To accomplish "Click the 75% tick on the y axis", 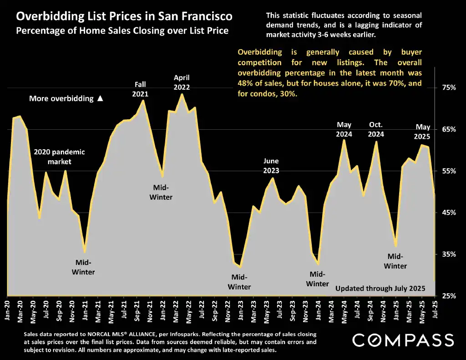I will click(449, 88).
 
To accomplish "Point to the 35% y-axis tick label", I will click(449, 254).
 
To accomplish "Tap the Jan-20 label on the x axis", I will click(7, 310).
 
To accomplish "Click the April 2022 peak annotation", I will click(182, 82).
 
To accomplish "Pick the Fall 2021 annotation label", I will click(140, 89).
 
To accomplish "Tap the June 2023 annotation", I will click(271, 166).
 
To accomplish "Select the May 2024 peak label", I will click(344, 129).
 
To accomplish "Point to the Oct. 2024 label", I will click(376, 129).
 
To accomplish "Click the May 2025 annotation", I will click(423, 132).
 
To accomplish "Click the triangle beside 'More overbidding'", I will click(101, 98).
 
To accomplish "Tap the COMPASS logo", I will click(403, 340).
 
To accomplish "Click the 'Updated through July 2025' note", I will click(380, 289).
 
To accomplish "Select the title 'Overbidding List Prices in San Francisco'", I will click(124, 17).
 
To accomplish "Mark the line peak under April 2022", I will click(182, 94).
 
